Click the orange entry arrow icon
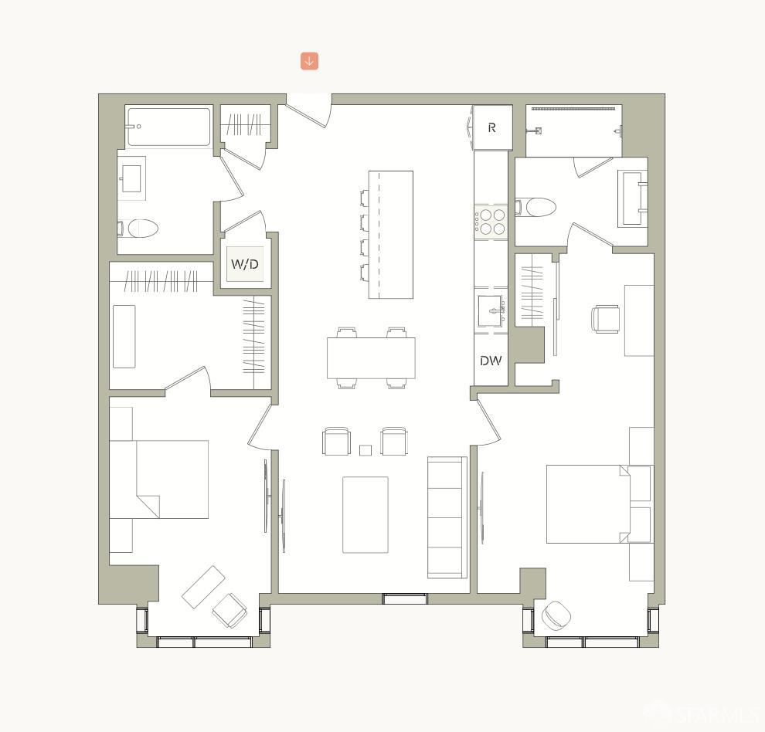pyautogui.click(x=309, y=61)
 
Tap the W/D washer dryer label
pyautogui.click(x=244, y=265)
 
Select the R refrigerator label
pyautogui.click(x=491, y=127)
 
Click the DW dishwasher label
pyautogui.click(x=491, y=361)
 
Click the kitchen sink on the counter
pyautogui.click(x=491, y=311)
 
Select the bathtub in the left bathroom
pyautogui.click(x=168, y=127)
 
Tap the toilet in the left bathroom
pyautogui.click(x=141, y=229)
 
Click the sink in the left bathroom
pyautogui.click(x=131, y=178)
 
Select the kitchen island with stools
pyautogui.click(x=390, y=235)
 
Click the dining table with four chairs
pyautogui.click(x=371, y=358)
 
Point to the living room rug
pyautogui.click(x=365, y=514)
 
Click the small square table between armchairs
pyautogui.click(x=365, y=450)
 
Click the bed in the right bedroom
pyautogui.click(x=587, y=503)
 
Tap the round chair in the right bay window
pyautogui.click(x=556, y=615)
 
